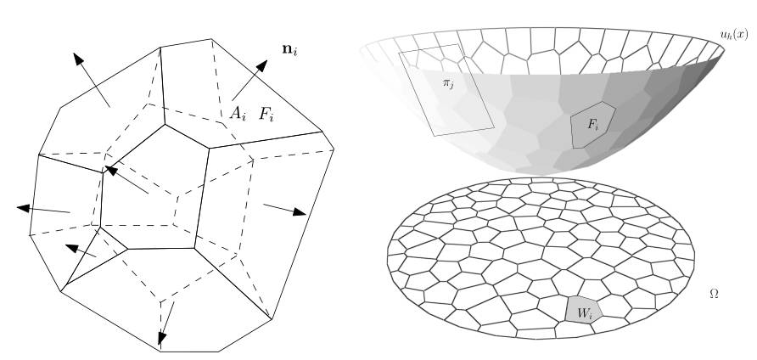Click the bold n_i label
289,50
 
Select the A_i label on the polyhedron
238,114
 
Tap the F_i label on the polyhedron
266,115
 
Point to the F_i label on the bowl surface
593,125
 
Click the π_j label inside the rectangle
448,83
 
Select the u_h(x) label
734,34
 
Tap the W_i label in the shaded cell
584,313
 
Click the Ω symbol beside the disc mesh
715,293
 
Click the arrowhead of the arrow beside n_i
261,66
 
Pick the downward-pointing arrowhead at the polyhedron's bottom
162,338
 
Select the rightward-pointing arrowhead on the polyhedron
300,211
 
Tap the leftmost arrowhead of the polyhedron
24,208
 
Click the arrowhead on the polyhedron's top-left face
79,59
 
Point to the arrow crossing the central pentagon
126,179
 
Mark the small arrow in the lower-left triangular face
80,250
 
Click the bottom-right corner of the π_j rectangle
494,127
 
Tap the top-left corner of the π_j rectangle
399,53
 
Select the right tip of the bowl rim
724,48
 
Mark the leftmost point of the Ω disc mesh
387,252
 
